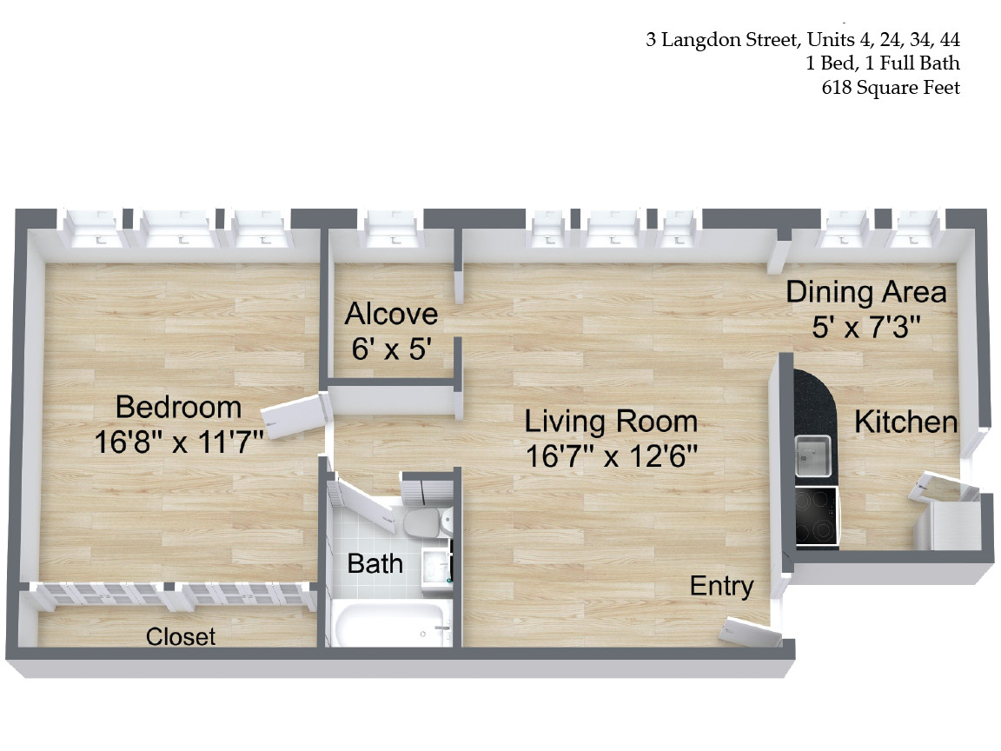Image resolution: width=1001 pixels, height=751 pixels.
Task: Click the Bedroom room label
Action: [178, 407]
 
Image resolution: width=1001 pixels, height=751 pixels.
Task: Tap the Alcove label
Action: [390, 314]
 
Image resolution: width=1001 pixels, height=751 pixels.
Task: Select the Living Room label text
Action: [611, 422]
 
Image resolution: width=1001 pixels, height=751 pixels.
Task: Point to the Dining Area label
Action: [865, 292]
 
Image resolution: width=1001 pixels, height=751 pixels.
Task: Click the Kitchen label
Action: [905, 422]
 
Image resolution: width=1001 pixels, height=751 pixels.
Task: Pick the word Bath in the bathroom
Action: [375, 563]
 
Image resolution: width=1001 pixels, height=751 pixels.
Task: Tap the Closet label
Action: [181, 636]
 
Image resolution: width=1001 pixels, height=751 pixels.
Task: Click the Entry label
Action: [721, 586]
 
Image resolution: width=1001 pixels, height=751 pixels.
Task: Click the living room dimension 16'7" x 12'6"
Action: [611, 456]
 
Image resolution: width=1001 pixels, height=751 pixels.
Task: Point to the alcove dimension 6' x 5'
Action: [391, 349]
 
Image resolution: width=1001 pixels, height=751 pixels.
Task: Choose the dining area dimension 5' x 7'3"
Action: [865, 327]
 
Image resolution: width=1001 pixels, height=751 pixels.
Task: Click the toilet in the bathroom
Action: [425, 522]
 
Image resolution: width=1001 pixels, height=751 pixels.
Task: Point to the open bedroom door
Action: [295, 416]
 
